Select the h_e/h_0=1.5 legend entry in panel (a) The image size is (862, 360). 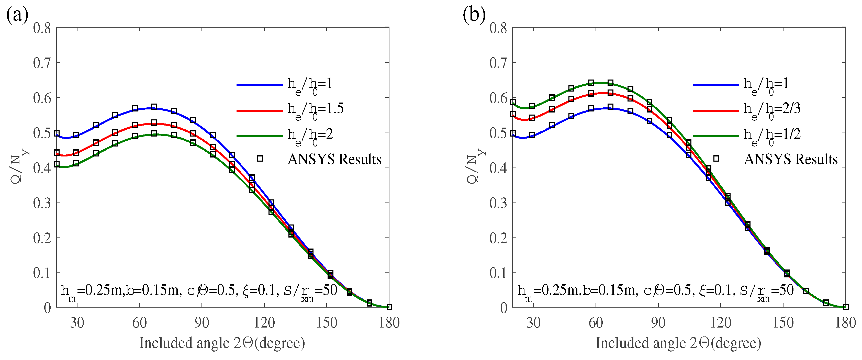coord(315,110)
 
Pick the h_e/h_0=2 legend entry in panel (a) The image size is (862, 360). coord(309,135)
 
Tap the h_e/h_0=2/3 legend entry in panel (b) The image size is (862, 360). coord(771,110)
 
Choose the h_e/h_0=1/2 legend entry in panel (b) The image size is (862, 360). coord(771,135)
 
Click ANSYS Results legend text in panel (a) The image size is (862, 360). coord(334,159)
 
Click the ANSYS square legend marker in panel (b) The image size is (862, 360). coord(716,159)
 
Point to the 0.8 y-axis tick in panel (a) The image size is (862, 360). coord(42,28)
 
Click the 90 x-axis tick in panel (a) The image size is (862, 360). coord(202,323)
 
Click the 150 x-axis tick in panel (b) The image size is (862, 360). coord(783,323)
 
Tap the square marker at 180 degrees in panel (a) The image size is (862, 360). coord(389,307)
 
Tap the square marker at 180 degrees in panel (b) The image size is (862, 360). coord(846,307)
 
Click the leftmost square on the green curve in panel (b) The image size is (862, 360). coord(513,102)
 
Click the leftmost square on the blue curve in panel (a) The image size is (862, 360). coord(57,133)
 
